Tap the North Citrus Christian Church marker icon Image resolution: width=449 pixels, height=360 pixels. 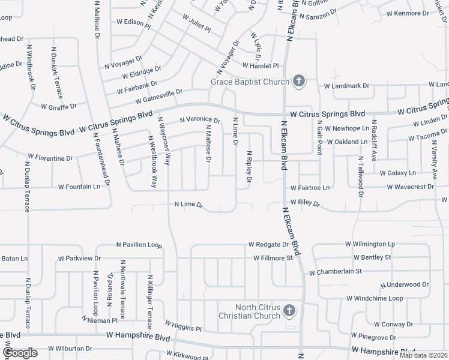pos(289,311)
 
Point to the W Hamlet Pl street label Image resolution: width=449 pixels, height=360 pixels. pos(261,65)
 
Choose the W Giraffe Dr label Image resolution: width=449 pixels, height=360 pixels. pos(59,107)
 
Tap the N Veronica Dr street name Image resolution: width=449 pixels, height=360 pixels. pos(200,120)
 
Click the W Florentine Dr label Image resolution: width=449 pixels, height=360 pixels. pos(50,158)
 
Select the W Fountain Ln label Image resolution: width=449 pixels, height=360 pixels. pos(79,187)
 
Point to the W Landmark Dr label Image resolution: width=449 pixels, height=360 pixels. pos(347,86)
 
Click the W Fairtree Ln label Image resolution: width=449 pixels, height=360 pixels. pos(310,188)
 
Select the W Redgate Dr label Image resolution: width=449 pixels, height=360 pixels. pos(268,245)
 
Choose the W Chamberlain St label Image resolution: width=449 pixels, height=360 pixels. pos(335,272)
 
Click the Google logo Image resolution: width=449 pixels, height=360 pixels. pos(20,353)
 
